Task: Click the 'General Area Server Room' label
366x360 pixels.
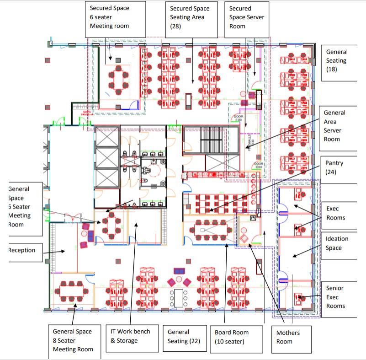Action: (338, 126)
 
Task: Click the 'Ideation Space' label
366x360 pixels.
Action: (338, 243)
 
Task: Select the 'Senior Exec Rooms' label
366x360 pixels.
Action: (338, 297)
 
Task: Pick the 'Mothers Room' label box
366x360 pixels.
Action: (292, 337)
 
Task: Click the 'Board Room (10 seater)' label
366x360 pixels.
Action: (236, 337)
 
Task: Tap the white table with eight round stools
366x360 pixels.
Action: (178, 298)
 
